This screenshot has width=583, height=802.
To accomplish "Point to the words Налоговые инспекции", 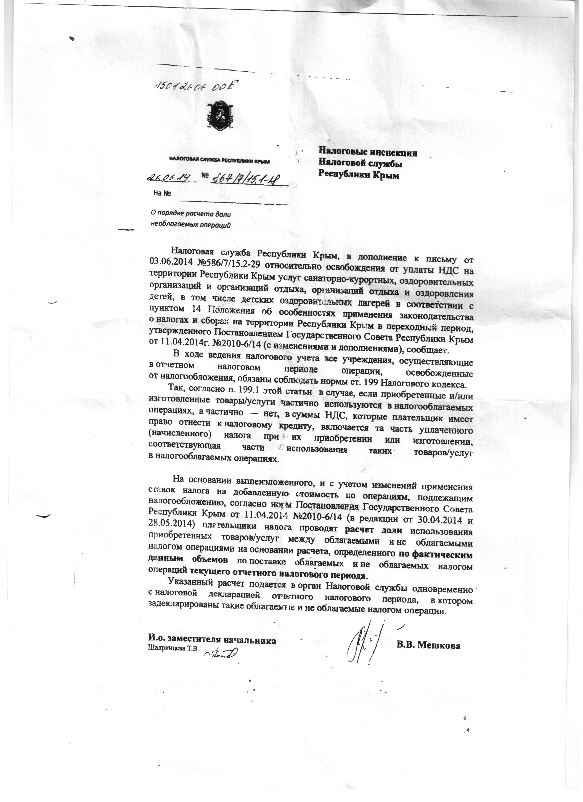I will click(x=368, y=153).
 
